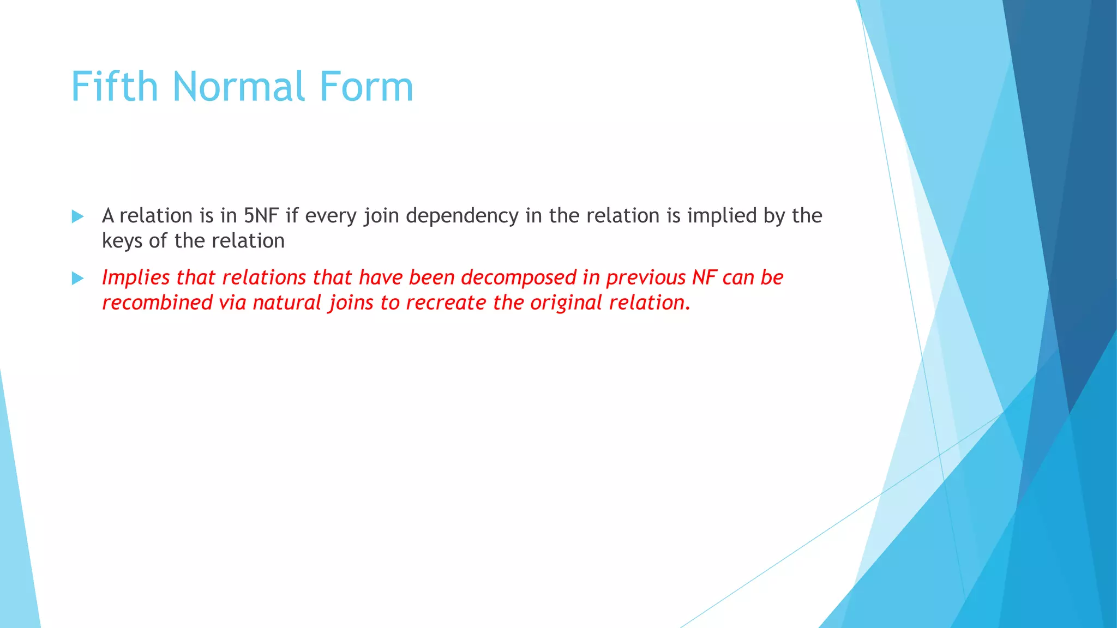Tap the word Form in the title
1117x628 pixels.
366,87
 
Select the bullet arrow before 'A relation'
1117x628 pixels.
77,216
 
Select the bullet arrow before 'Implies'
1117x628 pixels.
77,279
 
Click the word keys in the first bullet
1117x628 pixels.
122,241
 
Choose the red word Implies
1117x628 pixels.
136,278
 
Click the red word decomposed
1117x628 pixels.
518,277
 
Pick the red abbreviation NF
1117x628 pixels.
704,277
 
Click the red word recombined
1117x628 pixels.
157,303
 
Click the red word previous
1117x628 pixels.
646,278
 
